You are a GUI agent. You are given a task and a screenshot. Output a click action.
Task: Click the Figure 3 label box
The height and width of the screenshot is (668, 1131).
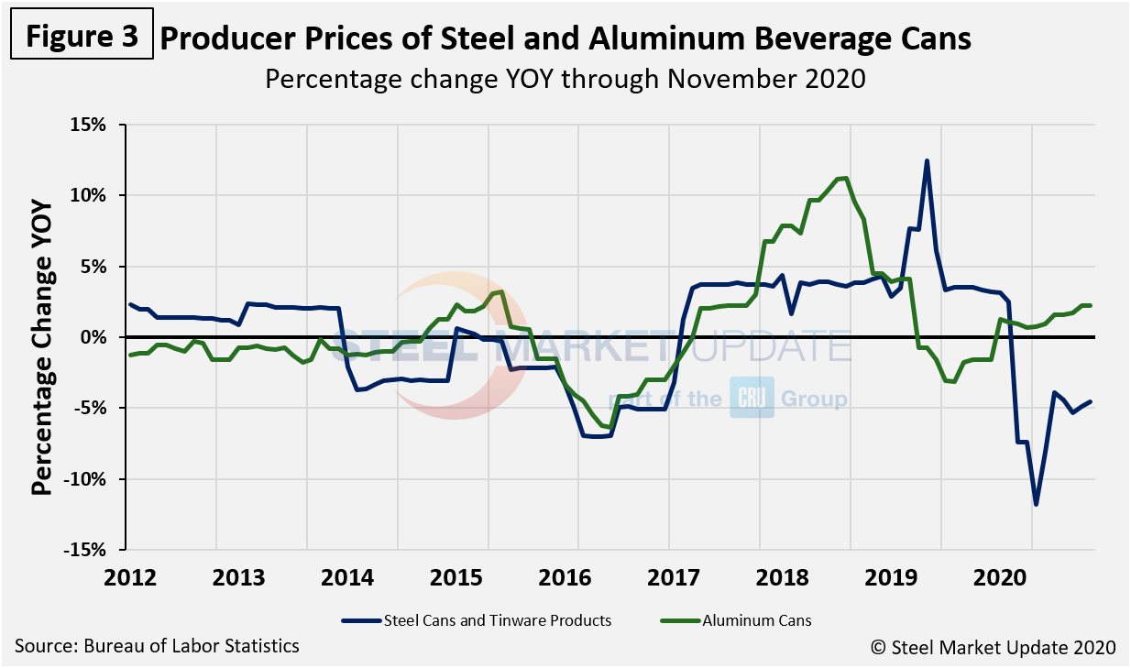coord(82,37)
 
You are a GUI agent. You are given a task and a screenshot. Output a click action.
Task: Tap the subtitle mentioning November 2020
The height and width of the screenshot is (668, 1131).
coord(565,79)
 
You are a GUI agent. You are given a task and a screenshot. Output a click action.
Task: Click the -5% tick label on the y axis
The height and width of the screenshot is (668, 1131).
coord(93,408)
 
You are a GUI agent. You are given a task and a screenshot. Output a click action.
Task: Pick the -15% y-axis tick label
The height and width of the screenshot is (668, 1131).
coord(88,550)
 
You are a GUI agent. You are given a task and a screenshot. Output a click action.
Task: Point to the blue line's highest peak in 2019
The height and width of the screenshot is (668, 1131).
coord(927,161)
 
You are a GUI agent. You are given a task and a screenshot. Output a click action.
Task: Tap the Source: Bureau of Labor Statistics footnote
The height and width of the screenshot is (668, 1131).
coord(157,646)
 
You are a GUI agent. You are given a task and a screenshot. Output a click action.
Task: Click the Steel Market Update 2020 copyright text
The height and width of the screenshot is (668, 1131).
coord(993,647)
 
